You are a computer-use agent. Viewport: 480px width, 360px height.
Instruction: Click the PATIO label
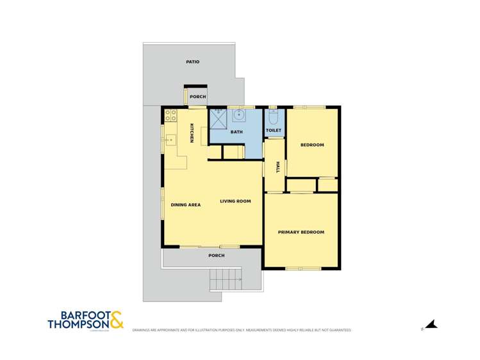(x=192, y=62)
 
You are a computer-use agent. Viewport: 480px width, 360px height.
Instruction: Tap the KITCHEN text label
(x=191, y=133)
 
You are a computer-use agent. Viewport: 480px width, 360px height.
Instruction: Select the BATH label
(x=236, y=132)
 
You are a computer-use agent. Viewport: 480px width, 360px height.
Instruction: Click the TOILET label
(x=274, y=130)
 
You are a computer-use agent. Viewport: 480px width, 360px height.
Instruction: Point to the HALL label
(x=278, y=167)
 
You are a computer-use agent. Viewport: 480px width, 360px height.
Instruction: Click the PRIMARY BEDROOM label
(x=301, y=232)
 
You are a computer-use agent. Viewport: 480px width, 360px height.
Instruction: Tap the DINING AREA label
(x=186, y=205)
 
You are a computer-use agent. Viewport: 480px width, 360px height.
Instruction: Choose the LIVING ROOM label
(x=235, y=201)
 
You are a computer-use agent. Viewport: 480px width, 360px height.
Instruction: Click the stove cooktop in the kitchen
(x=171, y=116)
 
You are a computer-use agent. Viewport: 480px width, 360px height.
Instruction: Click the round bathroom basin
(x=238, y=116)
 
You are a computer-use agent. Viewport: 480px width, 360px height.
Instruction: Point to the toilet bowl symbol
(x=274, y=117)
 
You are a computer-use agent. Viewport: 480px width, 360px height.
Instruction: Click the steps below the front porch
(x=224, y=279)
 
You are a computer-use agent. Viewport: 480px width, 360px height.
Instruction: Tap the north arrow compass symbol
(x=431, y=325)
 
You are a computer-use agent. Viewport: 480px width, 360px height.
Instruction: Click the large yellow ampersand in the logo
(x=116, y=320)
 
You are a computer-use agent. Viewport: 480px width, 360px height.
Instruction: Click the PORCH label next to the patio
(x=197, y=97)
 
